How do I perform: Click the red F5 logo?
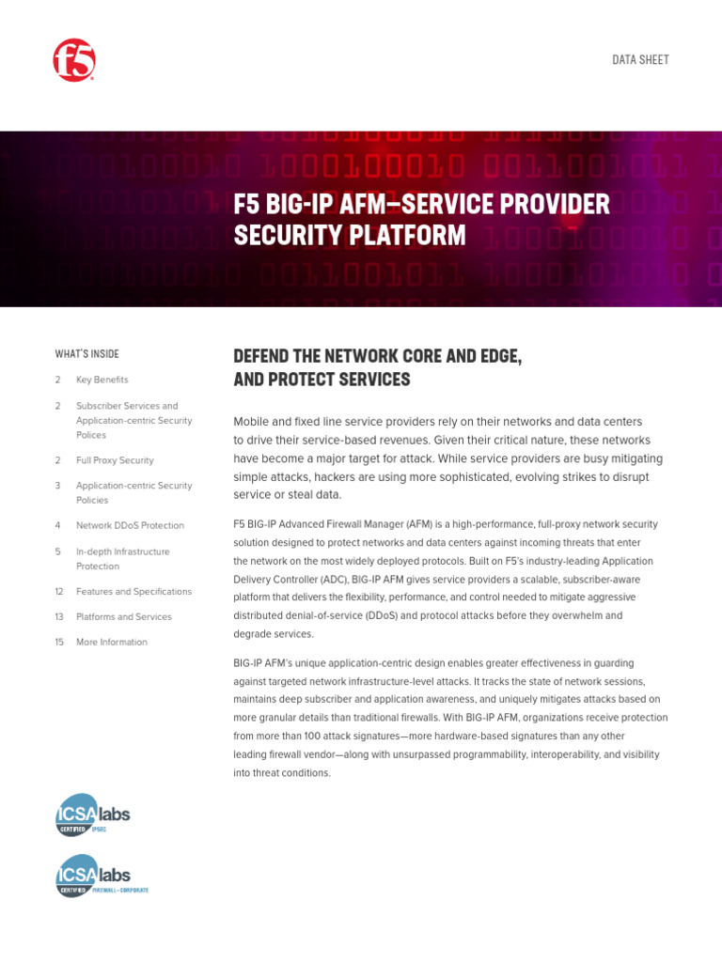click(74, 60)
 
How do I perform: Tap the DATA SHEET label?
click(640, 59)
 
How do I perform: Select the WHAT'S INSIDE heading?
click(87, 354)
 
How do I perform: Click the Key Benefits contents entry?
click(102, 380)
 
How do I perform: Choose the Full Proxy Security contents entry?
click(115, 460)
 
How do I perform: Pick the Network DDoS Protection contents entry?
click(130, 525)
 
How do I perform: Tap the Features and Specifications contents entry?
click(133, 592)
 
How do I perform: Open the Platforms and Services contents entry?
click(123, 617)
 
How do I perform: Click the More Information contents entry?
click(111, 643)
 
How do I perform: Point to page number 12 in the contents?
click(59, 592)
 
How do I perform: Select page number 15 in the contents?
click(59, 643)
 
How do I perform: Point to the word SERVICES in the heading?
click(369, 380)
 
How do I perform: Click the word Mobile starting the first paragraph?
click(253, 422)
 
